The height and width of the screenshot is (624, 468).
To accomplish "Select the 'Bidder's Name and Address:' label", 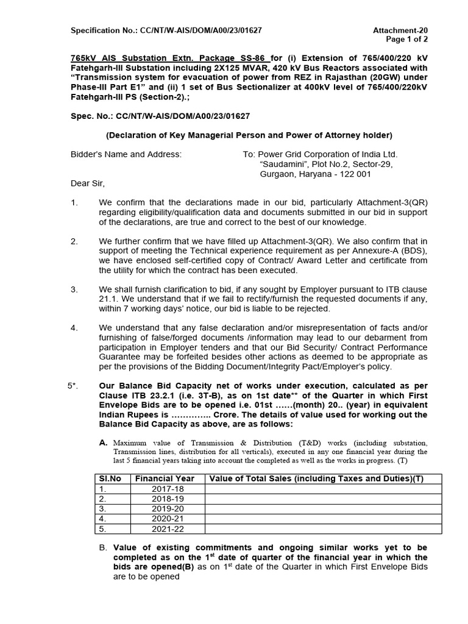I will tap(126, 154).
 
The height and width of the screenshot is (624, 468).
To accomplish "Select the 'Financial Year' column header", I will tap(166, 478).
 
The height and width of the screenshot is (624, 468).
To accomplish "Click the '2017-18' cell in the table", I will tap(166, 489).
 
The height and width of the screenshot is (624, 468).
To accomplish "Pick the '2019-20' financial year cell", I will tap(166, 508).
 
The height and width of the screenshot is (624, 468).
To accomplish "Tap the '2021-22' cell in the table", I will tap(166, 528).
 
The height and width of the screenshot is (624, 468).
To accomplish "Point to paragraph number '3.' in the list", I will tap(74, 288).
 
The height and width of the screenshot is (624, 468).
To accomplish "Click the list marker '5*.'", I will tap(73, 386).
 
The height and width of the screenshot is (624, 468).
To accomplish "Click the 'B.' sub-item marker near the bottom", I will tap(103, 548).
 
